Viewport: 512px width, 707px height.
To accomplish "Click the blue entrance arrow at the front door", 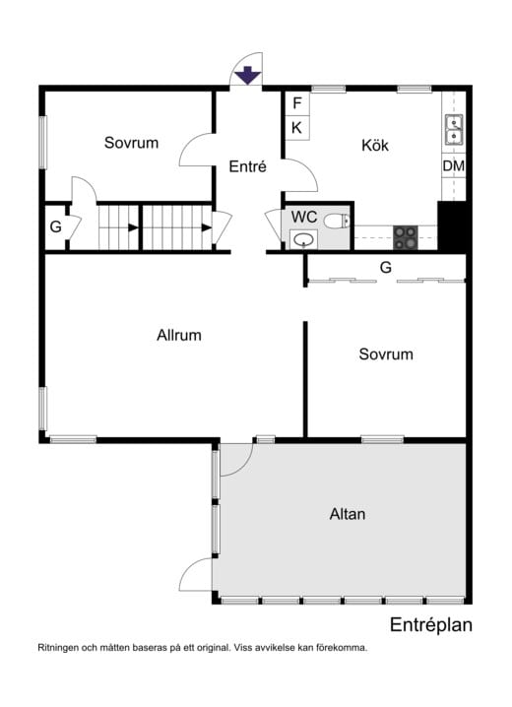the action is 247,75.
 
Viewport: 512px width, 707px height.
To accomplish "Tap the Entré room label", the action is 247,166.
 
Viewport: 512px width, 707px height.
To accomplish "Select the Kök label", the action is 375,145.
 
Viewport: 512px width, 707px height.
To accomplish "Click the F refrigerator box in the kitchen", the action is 297,103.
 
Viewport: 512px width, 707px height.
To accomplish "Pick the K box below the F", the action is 297,128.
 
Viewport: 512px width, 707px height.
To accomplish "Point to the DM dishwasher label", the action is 453,166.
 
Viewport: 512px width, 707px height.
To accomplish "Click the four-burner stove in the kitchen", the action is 406,237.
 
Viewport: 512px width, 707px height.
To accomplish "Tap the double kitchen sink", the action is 454,130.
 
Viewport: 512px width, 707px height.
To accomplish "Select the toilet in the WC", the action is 337,221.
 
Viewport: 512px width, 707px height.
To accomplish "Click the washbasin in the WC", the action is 303,239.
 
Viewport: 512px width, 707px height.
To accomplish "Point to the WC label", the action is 304,217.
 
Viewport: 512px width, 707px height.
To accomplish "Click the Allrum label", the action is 179,336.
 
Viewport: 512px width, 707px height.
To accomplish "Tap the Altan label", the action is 347,514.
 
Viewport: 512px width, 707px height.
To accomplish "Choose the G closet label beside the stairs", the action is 55,226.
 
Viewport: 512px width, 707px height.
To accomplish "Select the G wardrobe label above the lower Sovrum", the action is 386,268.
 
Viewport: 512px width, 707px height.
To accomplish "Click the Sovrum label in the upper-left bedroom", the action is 131,143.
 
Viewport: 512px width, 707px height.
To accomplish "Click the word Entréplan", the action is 431,625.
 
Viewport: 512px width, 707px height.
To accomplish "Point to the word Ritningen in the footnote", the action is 57,648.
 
